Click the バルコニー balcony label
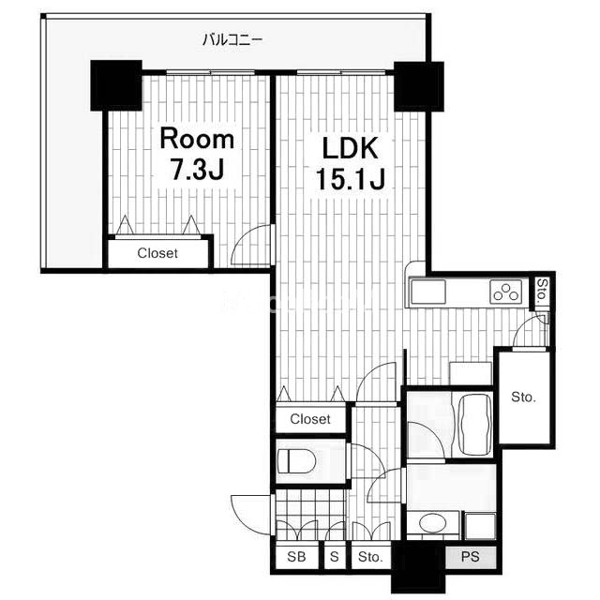tap(232, 39)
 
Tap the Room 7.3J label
tap(197, 154)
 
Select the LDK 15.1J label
tap(350, 163)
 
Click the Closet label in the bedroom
tap(157, 253)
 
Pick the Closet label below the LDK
tap(310, 419)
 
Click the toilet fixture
tap(296, 461)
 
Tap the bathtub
tap(474, 424)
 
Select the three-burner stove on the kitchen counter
tap(506, 292)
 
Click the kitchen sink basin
tap(428, 292)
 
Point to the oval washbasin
tap(434, 523)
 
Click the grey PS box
tap(471, 557)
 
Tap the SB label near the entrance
tap(296, 557)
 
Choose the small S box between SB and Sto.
tap(335, 557)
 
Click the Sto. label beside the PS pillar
tap(370, 557)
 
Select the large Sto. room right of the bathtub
tap(524, 397)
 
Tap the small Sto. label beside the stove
tap(542, 292)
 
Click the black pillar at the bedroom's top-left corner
tap(116, 85)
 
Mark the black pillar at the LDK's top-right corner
tap(419, 86)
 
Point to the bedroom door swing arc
tap(242, 238)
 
